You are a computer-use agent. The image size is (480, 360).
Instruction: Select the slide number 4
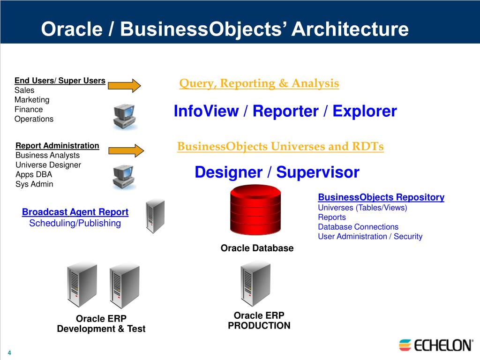(x=9, y=352)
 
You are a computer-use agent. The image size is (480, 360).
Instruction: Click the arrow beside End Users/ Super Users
(x=124, y=86)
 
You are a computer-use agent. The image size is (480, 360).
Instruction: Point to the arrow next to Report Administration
(x=125, y=150)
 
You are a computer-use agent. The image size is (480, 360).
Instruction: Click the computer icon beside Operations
(x=124, y=117)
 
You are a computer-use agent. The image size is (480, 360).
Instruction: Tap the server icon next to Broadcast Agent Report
(x=155, y=217)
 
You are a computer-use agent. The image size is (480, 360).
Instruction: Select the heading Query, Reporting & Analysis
(x=259, y=83)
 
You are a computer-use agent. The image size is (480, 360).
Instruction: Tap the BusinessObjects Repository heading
(x=381, y=197)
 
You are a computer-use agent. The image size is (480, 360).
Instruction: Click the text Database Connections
(x=358, y=227)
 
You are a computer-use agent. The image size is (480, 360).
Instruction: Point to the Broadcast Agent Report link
(x=75, y=212)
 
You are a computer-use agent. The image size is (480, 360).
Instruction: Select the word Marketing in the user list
(x=32, y=100)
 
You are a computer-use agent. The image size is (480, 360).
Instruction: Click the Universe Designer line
(x=48, y=165)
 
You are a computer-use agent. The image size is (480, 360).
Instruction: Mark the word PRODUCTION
(x=259, y=325)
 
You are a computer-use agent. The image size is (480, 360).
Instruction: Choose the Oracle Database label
(x=257, y=248)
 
